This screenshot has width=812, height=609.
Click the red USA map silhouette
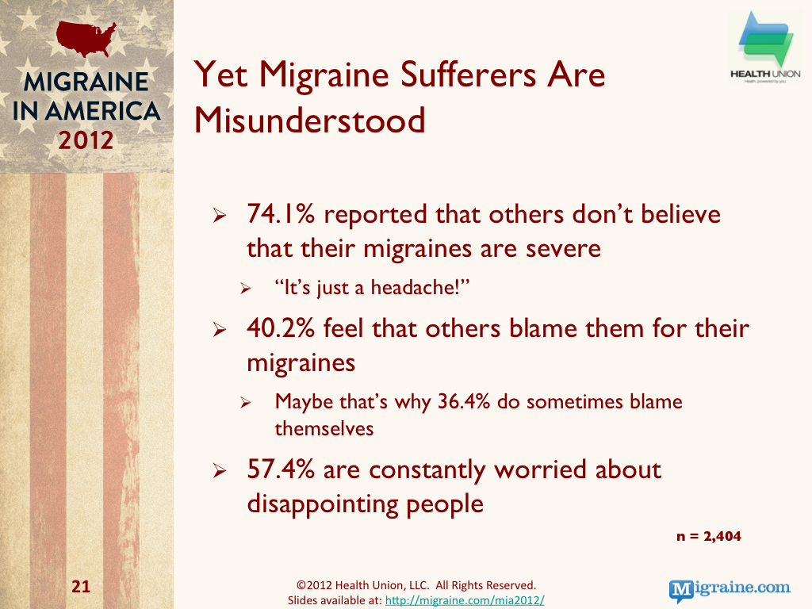click(86, 38)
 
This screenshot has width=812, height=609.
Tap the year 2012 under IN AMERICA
click(86, 140)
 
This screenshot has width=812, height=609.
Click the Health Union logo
click(765, 48)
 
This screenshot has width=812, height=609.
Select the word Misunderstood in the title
click(310, 121)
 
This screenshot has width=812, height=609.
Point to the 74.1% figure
click(281, 213)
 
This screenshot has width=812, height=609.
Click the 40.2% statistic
click(281, 327)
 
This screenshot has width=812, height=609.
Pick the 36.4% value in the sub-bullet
click(463, 401)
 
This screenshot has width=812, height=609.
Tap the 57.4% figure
click(281, 469)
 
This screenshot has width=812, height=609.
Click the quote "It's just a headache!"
click(372, 287)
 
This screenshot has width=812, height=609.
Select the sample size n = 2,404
click(708, 536)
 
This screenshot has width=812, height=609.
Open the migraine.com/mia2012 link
click(465, 600)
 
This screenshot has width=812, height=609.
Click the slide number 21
click(81, 586)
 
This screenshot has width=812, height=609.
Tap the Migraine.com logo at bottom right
click(730, 589)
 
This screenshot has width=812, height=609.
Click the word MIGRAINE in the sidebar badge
click(86, 82)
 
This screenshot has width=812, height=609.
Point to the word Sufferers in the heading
click(468, 75)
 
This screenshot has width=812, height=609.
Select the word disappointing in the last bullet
click(322, 504)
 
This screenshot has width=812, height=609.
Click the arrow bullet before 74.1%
click(220, 215)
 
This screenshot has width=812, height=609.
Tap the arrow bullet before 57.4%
click(220, 470)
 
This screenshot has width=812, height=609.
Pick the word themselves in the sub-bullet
click(324, 429)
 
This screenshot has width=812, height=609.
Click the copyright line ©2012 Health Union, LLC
click(416, 585)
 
